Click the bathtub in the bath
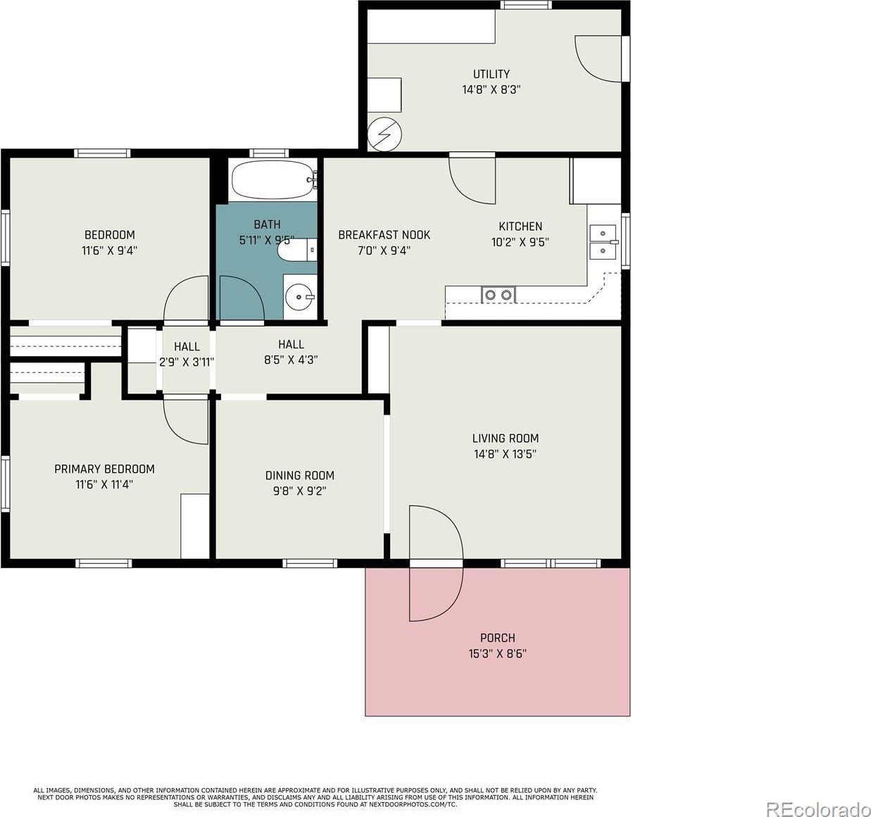[274, 179]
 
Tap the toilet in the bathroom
[297, 250]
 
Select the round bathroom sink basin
[299, 297]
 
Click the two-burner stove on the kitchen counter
[499, 295]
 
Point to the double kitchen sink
[603, 242]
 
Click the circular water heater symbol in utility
[384, 134]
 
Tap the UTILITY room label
[491, 74]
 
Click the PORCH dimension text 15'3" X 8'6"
[497, 654]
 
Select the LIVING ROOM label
[506, 438]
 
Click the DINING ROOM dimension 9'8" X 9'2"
[299, 491]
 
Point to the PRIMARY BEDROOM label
[104, 469]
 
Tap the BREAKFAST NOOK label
[384, 235]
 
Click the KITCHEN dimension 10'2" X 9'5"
[520, 242]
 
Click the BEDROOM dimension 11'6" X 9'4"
[110, 251]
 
